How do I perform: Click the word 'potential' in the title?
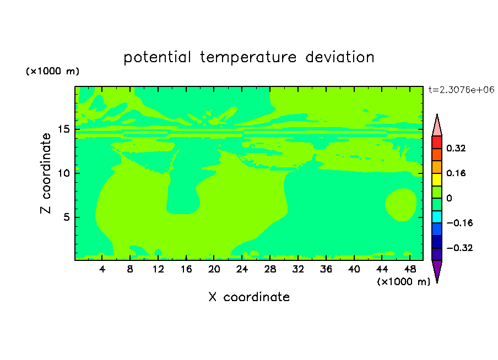[x=157, y=57]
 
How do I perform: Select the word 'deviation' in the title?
[x=340, y=57]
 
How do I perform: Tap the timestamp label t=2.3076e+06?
[x=461, y=90]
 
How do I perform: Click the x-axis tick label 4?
[x=102, y=269]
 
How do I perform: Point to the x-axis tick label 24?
[x=242, y=269]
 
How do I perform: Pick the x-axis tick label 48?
[x=410, y=269]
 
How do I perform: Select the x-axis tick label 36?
[x=326, y=269]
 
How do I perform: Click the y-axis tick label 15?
[x=64, y=129]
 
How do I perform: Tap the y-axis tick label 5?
[x=66, y=217]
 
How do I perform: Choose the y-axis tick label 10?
[x=64, y=173]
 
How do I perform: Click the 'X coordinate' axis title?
[x=249, y=297]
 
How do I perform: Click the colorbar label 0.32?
[x=456, y=148]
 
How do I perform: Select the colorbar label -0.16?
[x=459, y=223]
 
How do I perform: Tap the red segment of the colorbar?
[x=437, y=142]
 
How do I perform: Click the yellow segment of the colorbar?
[x=437, y=179]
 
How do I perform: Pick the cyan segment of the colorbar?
[x=437, y=217]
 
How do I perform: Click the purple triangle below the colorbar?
[x=437, y=270]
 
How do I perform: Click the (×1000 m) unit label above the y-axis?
[x=52, y=71]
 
